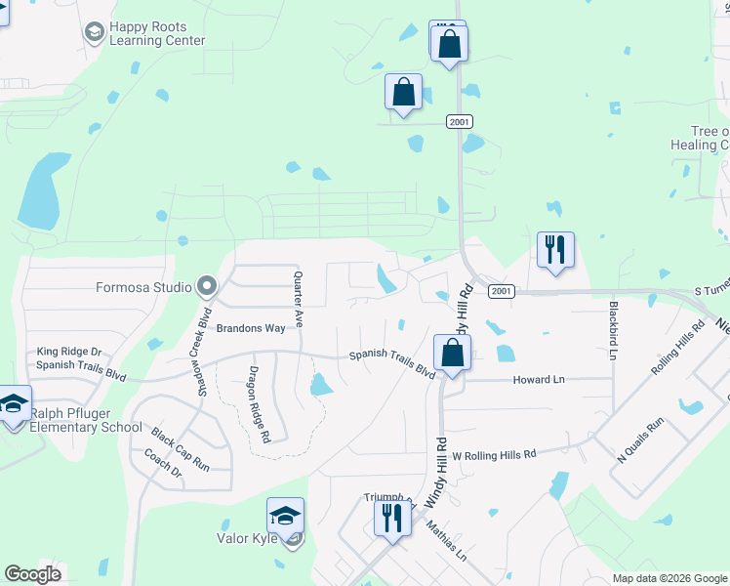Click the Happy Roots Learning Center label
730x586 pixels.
pos(157,34)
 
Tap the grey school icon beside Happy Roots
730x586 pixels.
pos(94,33)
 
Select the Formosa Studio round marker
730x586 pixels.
pos(206,287)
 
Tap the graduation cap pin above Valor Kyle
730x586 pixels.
pos(285,515)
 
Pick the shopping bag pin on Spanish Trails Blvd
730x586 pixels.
pos(452,353)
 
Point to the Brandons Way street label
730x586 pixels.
pos(251,328)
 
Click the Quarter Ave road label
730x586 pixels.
pos(299,300)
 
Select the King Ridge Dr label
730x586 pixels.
pos(69,351)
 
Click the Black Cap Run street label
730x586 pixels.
pos(180,450)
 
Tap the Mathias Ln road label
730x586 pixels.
pos(446,539)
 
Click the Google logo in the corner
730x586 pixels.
pos(32,574)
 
